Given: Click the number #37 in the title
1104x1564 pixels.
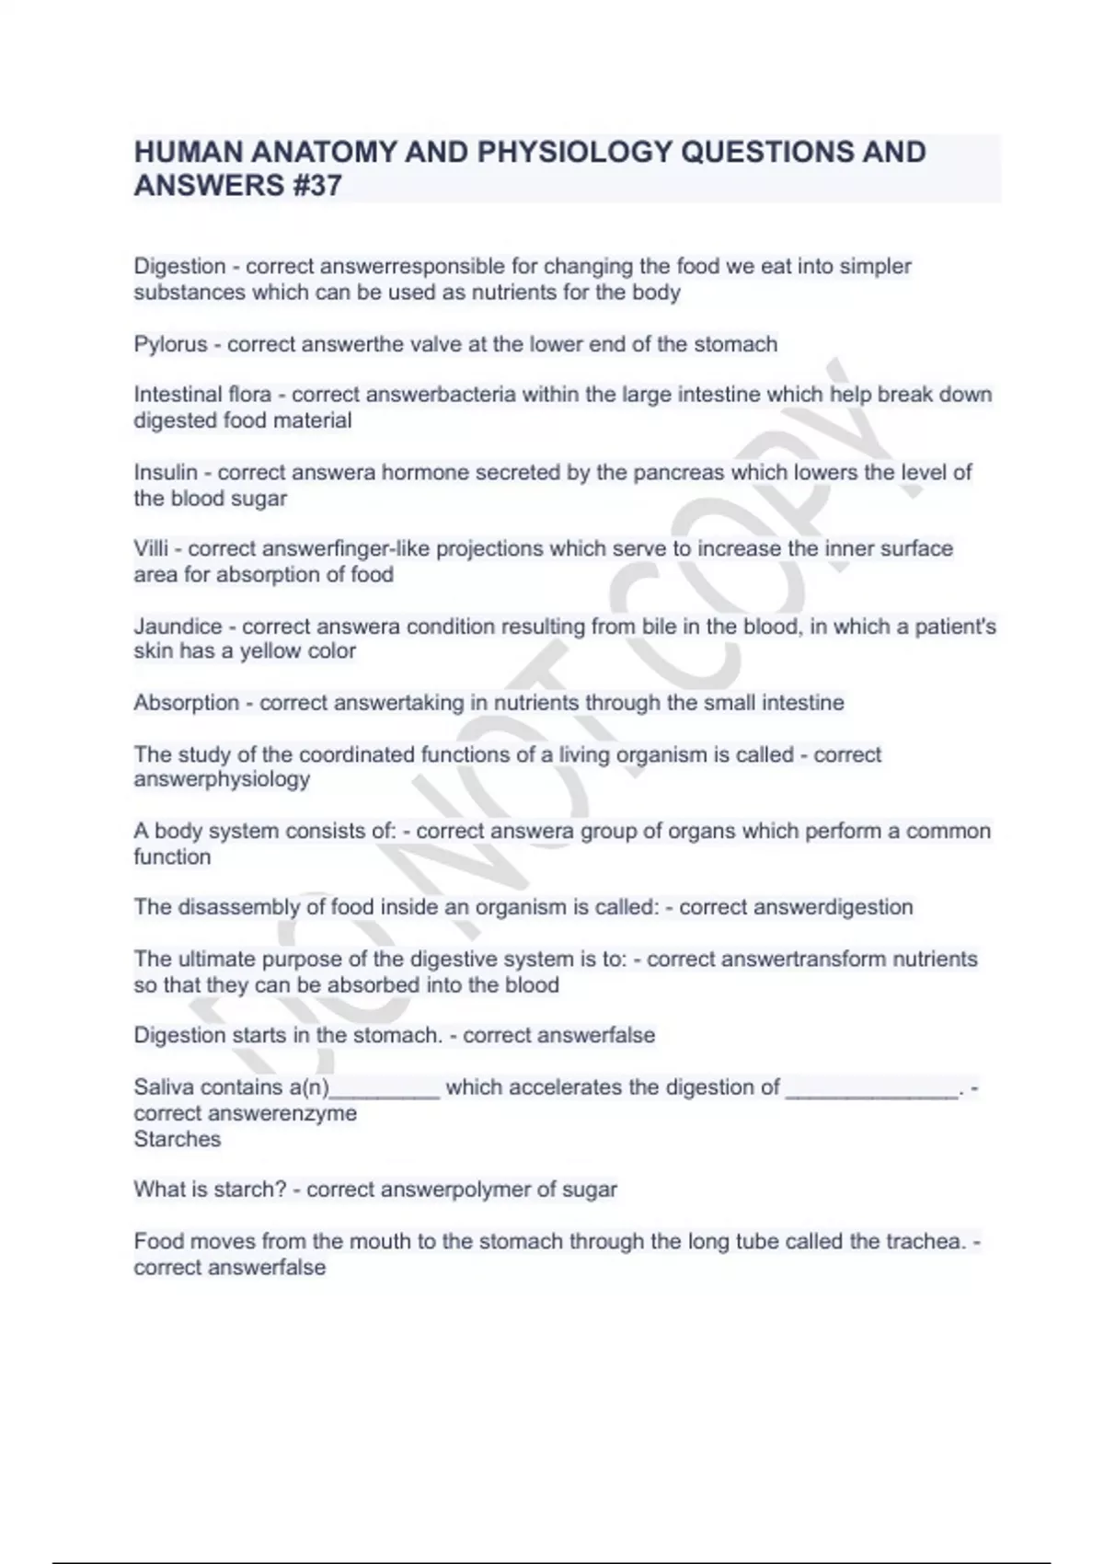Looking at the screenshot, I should [x=313, y=186].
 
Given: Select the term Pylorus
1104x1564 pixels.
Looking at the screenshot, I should [x=170, y=345].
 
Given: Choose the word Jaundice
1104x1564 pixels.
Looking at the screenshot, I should [x=178, y=627].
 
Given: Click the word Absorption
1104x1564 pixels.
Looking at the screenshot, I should [x=186, y=704].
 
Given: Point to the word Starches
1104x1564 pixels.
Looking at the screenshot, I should [x=178, y=1139].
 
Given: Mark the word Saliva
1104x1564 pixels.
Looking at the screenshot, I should [x=164, y=1087].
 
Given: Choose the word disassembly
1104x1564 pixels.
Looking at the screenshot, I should [x=238, y=907].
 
